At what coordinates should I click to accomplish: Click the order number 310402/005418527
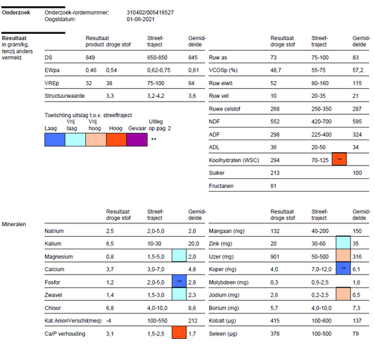(x=150, y=13)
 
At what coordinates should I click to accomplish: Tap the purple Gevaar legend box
(x=136, y=139)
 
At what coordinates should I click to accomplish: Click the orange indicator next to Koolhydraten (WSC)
(x=340, y=160)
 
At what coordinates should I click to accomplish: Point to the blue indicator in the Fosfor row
(x=179, y=281)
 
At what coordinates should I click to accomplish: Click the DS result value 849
(x=90, y=56)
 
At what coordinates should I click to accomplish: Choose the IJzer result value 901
(x=277, y=256)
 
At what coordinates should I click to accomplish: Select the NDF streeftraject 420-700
(x=322, y=122)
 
